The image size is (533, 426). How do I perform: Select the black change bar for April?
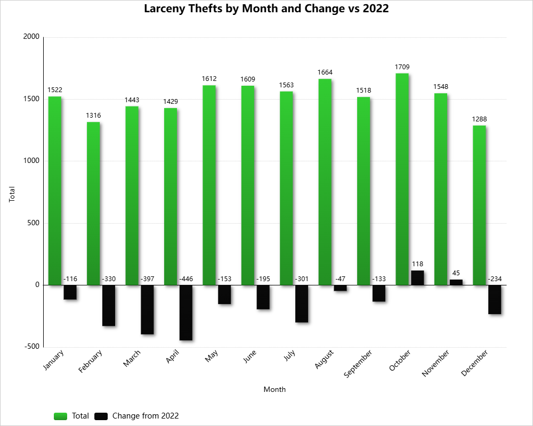pos(185,313)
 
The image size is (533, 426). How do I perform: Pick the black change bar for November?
pos(456,282)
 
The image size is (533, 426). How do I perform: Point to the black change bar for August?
pos(340,288)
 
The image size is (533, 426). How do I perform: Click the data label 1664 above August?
pos(325,72)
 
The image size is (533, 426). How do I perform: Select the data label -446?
pos(185,278)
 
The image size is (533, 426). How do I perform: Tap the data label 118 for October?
pos(417,264)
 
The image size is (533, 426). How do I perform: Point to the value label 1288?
pos(479,119)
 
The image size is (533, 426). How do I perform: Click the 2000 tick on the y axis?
pos(31,37)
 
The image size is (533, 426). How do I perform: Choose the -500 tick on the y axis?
pos(31,347)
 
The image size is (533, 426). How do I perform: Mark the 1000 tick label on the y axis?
pos(31,161)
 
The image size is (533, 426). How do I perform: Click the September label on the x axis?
pos(358,364)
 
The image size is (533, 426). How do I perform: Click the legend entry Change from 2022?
pos(145,416)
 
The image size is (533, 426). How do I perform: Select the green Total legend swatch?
pos(60,416)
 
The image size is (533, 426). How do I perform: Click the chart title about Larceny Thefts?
pos(266,9)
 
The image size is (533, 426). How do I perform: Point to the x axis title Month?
pos(274,389)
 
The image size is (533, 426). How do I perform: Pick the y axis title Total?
pos(12,194)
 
